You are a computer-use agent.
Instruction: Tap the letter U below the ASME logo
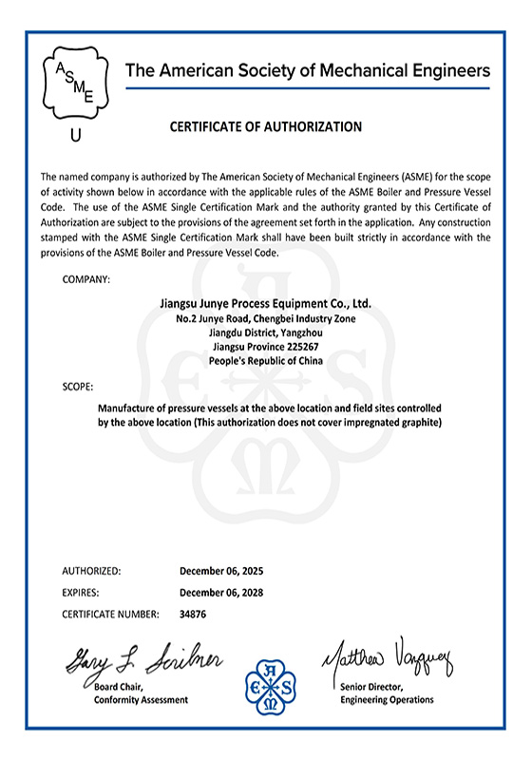pyautogui.click(x=76, y=135)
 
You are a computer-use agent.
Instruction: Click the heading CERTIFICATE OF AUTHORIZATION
pyautogui.click(x=265, y=126)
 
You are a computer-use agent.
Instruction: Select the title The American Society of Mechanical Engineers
pyautogui.click(x=308, y=70)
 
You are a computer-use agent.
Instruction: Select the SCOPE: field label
pyautogui.click(x=78, y=388)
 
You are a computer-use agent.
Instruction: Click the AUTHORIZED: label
pyautogui.click(x=91, y=572)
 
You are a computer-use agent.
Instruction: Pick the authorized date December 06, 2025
pyautogui.click(x=221, y=572)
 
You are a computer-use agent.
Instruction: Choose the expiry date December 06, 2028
pyautogui.click(x=221, y=593)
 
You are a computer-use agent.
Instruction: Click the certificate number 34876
pyautogui.click(x=193, y=614)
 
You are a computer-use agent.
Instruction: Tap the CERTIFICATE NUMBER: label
pyautogui.click(x=110, y=614)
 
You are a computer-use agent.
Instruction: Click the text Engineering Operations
pyautogui.click(x=387, y=700)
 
